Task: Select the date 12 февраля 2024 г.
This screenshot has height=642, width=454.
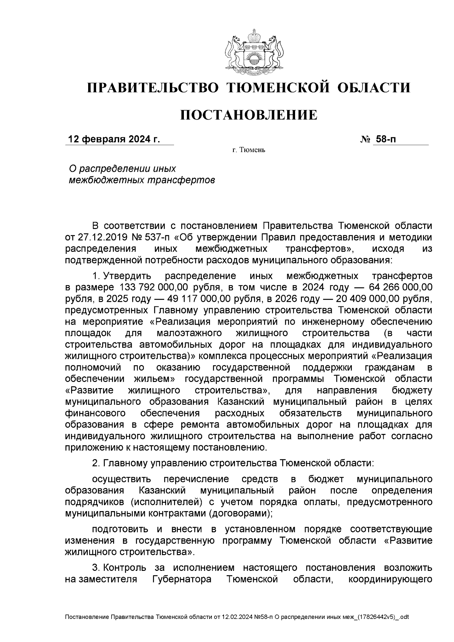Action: tap(114, 139)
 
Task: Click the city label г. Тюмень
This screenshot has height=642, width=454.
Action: tap(249, 151)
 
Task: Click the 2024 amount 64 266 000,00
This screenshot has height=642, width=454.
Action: tap(398, 287)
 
